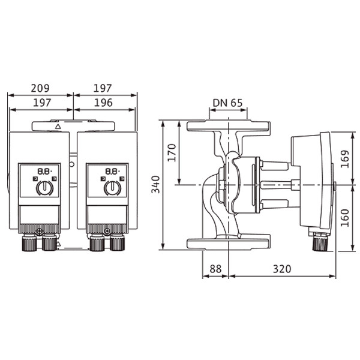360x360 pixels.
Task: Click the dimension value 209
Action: [40, 88]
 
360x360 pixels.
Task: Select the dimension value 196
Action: [103, 103]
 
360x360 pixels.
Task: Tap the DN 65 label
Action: [227, 103]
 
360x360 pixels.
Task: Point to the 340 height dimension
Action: [155, 184]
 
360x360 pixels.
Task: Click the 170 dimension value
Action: [172, 152]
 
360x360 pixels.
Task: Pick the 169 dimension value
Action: [344, 159]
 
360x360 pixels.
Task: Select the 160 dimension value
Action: [344, 218]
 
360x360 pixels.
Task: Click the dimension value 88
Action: [215, 269]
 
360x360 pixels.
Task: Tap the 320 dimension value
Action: [282, 269]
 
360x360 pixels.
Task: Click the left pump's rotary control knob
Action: [45, 188]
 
